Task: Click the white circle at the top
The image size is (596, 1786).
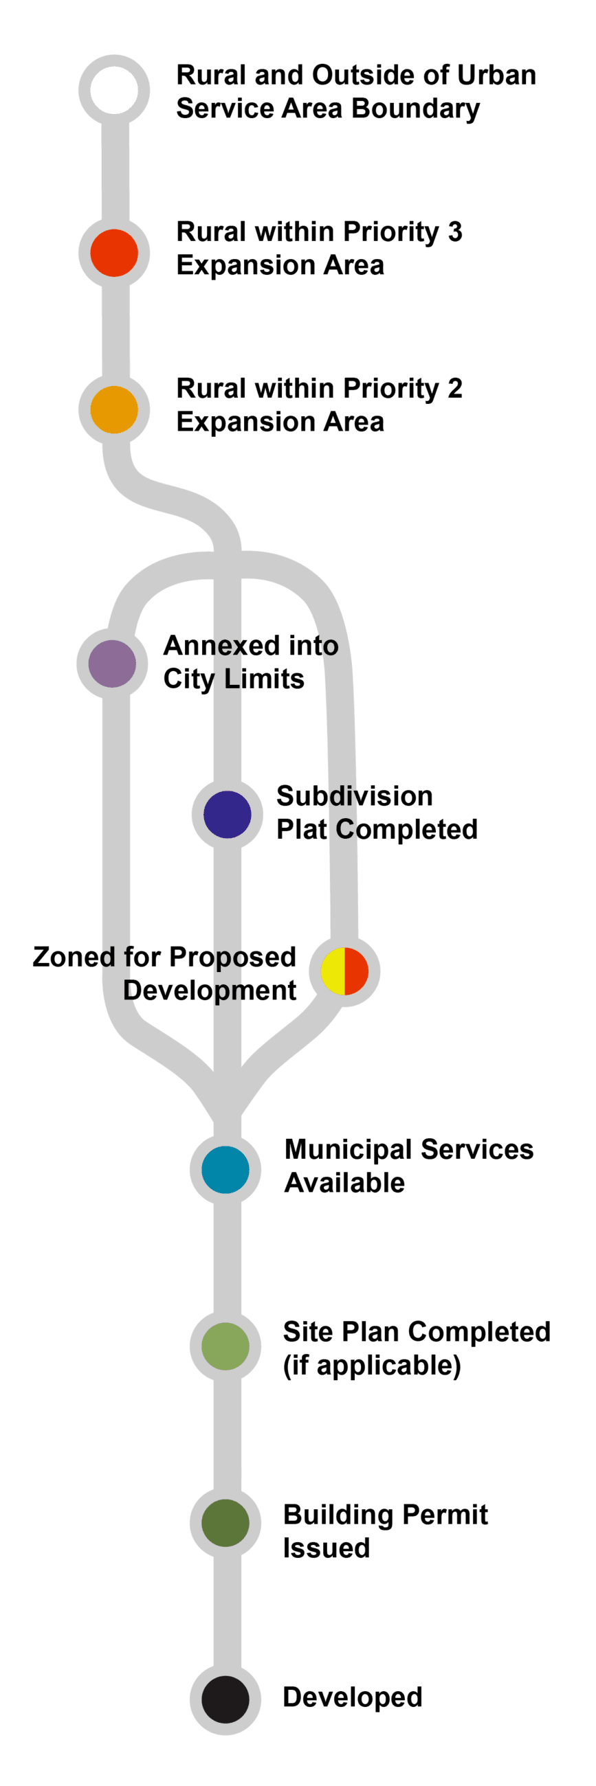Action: [x=115, y=90]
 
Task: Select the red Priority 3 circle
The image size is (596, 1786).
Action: [x=114, y=253]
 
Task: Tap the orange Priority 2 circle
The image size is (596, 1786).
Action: [x=114, y=410]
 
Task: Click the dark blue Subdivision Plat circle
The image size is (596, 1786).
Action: [x=227, y=814]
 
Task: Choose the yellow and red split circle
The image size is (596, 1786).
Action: [x=344, y=971]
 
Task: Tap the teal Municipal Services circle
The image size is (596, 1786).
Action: [x=225, y=1170]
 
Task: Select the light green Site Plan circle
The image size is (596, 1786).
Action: [x=225, y=1346]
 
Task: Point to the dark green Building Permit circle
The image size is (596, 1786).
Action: [x=225, y=1522]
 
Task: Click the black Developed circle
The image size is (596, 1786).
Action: [x=225, y=1699]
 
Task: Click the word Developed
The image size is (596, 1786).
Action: [x=353, y=1697]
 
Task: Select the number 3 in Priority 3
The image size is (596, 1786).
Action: [x=454, y=232]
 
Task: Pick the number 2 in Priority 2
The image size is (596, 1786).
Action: [x=454, y=389]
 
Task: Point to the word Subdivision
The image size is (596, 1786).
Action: [x=355, y=797]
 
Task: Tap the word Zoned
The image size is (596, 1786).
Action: [x=74, y=958]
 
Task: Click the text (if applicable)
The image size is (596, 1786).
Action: [x=372, y=1365]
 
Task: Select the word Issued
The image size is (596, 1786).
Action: [x=326, y=1548]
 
